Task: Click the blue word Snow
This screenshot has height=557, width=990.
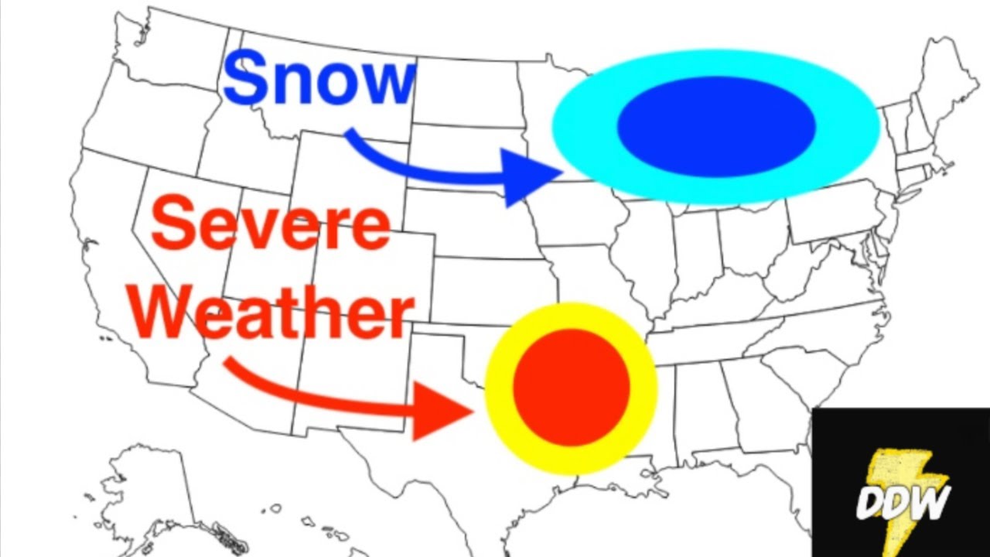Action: click(319, 80)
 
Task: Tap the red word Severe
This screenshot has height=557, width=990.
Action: click(271, 224)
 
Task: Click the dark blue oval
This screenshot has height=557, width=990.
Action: click(716, 126)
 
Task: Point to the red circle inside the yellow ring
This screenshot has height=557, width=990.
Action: click(572, 387)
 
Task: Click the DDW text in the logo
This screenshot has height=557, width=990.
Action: click(902, 502)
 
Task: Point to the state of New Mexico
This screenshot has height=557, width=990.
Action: click(348, 379)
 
